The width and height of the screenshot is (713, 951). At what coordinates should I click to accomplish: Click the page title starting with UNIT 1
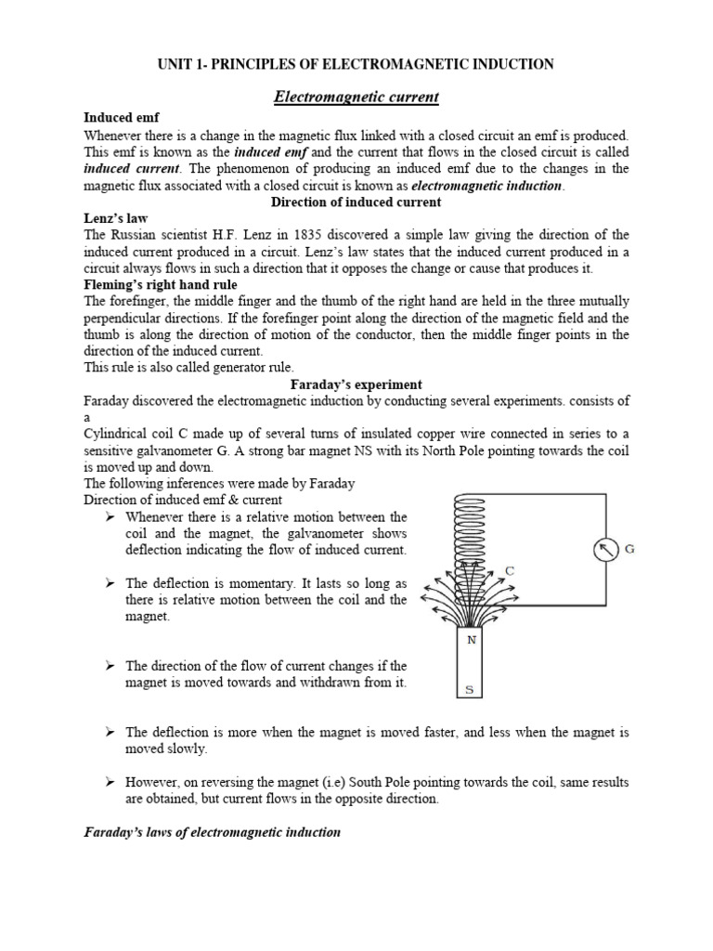pyautogui.click(x=356, y=64)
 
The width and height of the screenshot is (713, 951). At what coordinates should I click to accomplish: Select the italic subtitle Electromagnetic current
pyautogui.click(x=356, y=96)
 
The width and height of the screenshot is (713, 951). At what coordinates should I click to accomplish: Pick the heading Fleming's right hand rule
pyautogui.click(x=160, y=284)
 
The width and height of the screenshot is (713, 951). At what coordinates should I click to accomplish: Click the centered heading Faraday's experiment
pyautogui.click(x=356, y=384)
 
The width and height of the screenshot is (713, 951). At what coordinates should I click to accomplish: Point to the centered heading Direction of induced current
pyautogui.click(x=356, y=202)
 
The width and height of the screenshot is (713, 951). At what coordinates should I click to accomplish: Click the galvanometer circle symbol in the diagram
pyautogui.click(x=605, y=551)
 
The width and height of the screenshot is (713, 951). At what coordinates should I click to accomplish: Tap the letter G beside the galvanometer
pyautogui.click(x=629, y=549)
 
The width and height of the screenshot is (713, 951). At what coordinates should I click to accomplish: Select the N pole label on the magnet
pyautogui.click(x=471, y=640)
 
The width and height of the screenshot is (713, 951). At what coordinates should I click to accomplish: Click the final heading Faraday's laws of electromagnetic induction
pyautogui.click(x=213, y=833)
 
